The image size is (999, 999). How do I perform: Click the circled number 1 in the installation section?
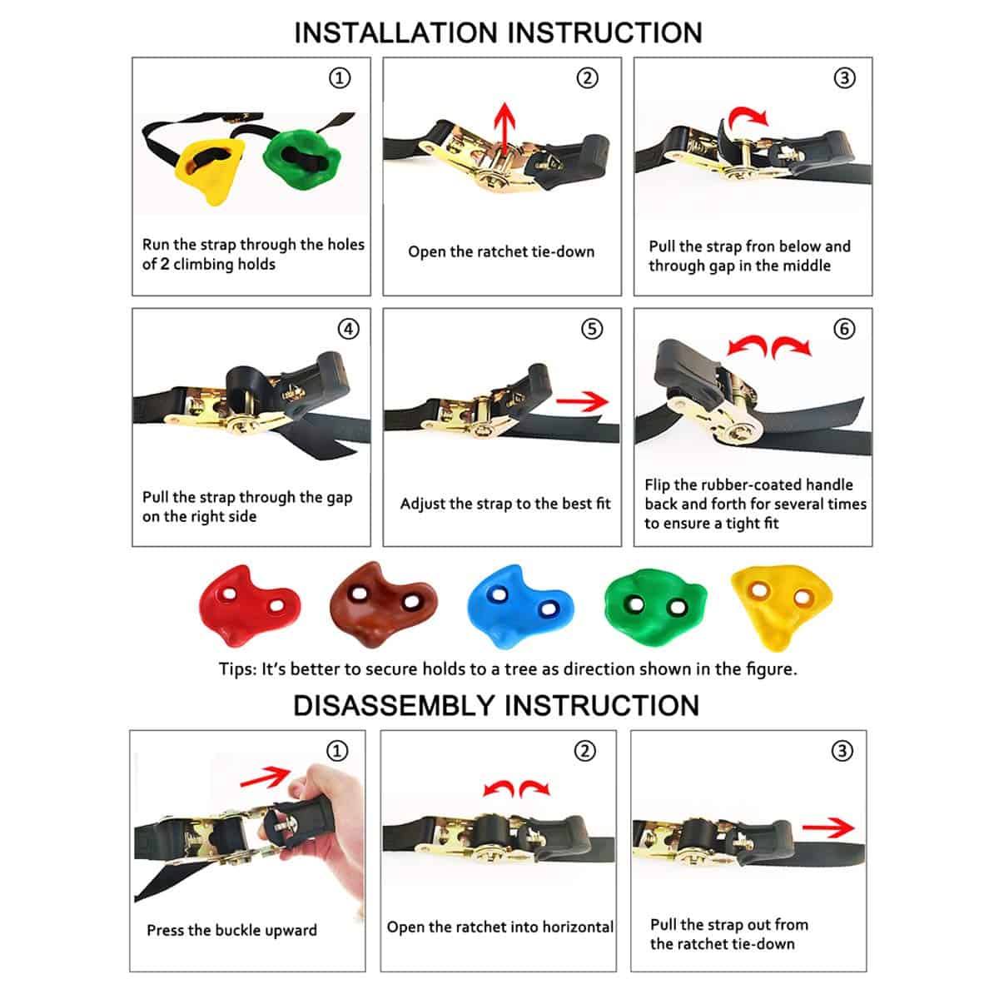(x=339, y=78)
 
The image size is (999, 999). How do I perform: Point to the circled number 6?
(x=844, y=330)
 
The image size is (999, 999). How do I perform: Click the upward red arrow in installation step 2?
(x=502, y=129)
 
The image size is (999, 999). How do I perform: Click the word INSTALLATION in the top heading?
(x=396, y=32)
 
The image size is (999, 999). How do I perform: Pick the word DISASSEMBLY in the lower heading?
(x=395, y=706)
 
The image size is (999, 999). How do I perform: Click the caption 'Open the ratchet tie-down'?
(x=501, y=252)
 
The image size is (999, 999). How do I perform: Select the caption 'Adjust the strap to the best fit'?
(x=504, y=504)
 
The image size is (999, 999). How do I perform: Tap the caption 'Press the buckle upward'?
(x=231, y=931)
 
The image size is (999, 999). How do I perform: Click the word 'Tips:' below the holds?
(x=238, y=669)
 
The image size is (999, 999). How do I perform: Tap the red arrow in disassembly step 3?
(x=828, y=828)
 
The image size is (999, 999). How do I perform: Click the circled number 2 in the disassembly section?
(x=586, y=752)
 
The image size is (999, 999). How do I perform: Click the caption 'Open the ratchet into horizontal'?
(x=499, y=927)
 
